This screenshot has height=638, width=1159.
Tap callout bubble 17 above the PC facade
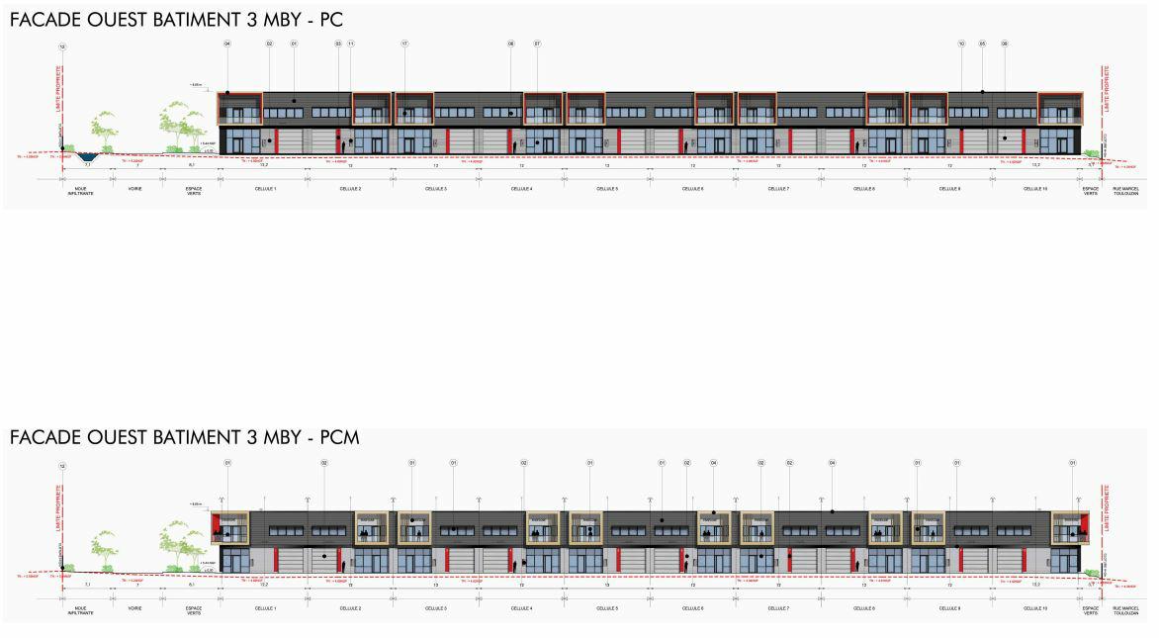tap(404, 45)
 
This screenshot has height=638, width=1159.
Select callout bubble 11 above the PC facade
tap(351, 45)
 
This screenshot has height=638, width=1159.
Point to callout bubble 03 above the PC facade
tap(338, 45)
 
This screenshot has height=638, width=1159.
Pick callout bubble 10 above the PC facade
tap(961, 45)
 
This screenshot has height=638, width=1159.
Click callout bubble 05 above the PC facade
tap(983, 45)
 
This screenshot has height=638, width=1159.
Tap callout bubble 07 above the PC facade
tap(537, 45)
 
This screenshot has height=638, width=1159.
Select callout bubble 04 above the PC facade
tap(227, 45)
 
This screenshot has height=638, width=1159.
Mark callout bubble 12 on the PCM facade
tap(63, 465)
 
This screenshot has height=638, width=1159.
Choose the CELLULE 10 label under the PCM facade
tap(1035, 607)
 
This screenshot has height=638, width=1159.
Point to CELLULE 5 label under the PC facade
tap(607, 188)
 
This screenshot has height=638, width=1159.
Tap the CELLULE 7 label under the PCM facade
tap(778, 607)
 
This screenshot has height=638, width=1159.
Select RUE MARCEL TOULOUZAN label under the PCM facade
tap(1126, 609)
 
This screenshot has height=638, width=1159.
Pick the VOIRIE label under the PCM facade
tap(134, 607)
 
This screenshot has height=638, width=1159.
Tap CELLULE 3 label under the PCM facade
tap(436, 607)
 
